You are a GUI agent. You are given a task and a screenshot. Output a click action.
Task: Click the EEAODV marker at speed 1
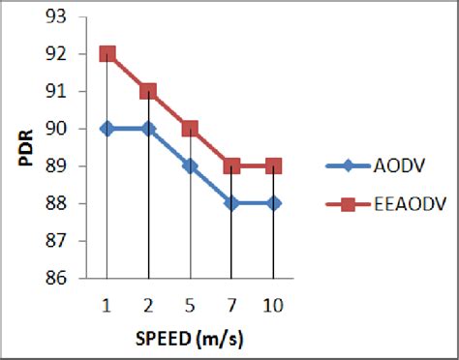coord(107,54)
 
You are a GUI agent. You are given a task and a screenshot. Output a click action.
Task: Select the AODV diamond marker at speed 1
coord(107,129)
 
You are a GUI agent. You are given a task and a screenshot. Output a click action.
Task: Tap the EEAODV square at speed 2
coord(148,91)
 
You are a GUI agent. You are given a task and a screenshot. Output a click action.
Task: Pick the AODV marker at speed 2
coord(148,129)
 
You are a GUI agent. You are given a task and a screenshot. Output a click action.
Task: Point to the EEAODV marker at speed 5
coord(190,129)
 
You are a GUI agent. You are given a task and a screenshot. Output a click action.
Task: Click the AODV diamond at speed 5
coord(190,165)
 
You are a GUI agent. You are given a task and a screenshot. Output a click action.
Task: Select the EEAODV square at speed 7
coord(230,165)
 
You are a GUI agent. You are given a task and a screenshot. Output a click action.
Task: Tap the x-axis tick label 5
coord(190,305)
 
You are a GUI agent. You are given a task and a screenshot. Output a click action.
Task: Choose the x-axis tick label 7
coord(230,305)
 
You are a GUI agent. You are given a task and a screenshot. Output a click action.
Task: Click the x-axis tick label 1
coord(107,305)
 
